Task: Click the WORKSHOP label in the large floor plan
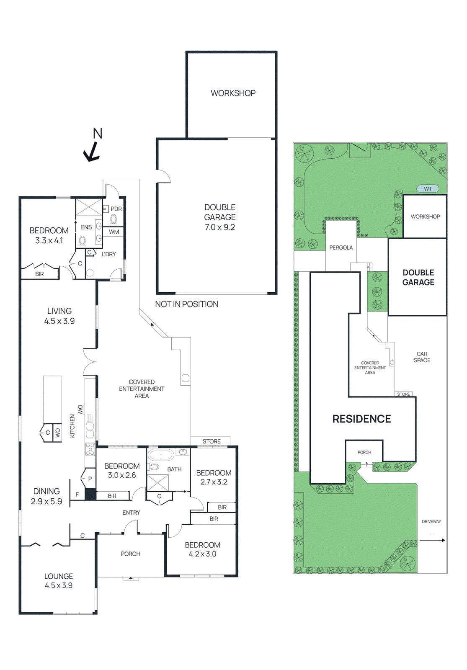pos(233,93)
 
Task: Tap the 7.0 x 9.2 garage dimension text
pos(220,227)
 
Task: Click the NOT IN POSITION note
pos(186,304)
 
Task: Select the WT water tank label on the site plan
pos(428,189)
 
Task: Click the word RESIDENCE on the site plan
pos(361,419)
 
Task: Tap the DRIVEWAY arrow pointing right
pos(432,540)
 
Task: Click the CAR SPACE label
pos(422,357)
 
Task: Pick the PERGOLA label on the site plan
pos(341,247)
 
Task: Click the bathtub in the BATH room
pos(161,455)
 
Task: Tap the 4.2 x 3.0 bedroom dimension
pos(202,554)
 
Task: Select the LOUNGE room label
pos(59,576)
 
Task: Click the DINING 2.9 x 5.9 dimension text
pos(46,501)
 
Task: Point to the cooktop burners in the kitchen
pos(90,449)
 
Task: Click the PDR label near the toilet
pos(116,209)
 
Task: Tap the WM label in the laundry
pos(114,232)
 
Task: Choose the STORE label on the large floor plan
pos(211,441)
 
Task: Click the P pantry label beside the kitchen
pos(90,479)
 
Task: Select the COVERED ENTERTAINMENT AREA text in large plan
pos(142,389)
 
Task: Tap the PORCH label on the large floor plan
pos(131,554)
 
